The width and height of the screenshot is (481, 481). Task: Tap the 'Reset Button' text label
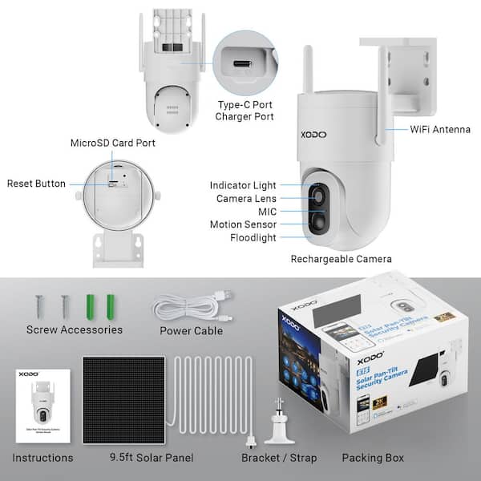point(36,184)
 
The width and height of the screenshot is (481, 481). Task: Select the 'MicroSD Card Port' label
point(112,143)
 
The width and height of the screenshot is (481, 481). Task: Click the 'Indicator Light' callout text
point(243,185)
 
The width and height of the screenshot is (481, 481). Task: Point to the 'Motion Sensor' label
point(243,224)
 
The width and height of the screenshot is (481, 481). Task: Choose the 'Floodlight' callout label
point(253,237)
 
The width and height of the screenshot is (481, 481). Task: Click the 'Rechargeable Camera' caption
point(341,258)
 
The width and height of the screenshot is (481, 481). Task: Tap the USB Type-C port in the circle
point(244,63)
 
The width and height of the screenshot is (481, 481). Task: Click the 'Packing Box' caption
point(373,458)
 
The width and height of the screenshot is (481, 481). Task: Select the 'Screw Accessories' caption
point(75,329)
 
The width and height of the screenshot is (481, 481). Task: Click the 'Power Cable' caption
point(191,329)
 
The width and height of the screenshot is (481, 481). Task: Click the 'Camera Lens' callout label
point(246,198)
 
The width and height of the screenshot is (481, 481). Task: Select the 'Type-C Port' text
point(244,104)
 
